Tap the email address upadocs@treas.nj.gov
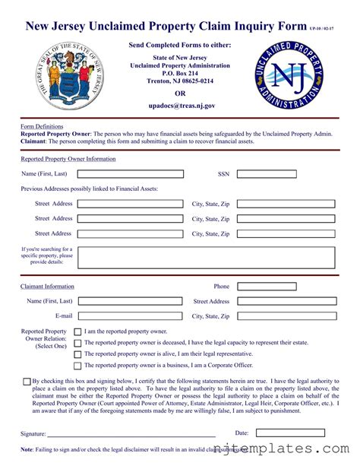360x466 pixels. click(180, 107)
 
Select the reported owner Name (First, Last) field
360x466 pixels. click(131, 174)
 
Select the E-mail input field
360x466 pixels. click(131, 315)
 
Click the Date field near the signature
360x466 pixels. click(290, 433)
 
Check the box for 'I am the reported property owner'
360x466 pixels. click(77, 332)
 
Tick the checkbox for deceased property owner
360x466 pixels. click(77, 343)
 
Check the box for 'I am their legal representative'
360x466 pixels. click(77, 354)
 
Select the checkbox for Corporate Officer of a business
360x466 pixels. click(77, 366)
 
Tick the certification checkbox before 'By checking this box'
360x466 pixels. click(27, 381)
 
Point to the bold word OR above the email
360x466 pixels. click(180, 94)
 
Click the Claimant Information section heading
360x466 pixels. click(47, 287)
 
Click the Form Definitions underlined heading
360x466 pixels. click(42, 126)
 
